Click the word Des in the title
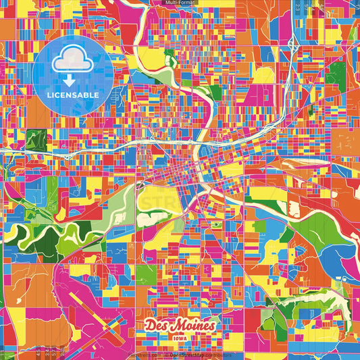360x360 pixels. coord(157,325)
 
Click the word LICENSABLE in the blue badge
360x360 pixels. coord(72,95)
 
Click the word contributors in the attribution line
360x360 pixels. coord(217,355)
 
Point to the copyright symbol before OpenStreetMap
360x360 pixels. coord(167,355)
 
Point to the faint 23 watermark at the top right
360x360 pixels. coord(298,8)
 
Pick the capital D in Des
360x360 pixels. coord(150,325)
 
